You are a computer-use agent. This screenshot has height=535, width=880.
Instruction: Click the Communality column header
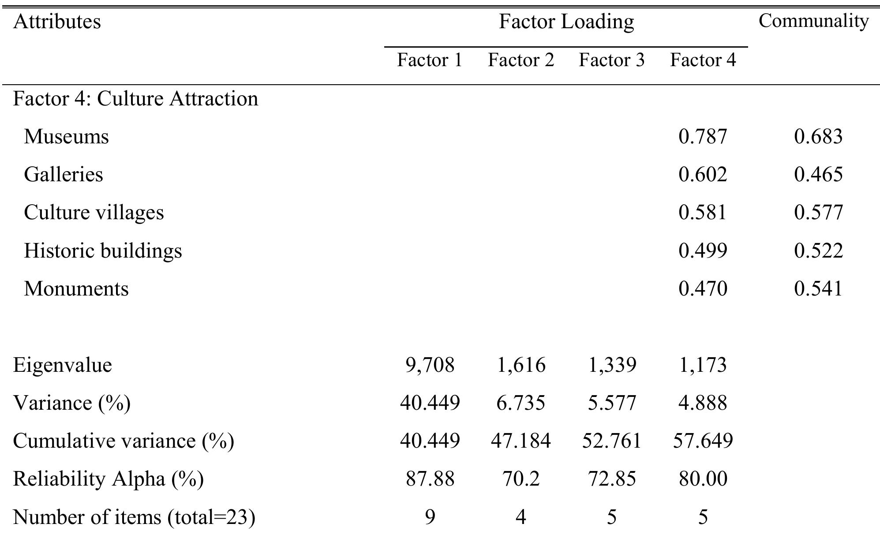tap(813, 21)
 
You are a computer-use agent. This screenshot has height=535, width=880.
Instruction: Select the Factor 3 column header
tap(611, 60)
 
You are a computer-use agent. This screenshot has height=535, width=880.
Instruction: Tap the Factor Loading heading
tap(566, 21)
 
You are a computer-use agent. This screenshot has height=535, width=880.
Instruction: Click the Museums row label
tap(66, 136)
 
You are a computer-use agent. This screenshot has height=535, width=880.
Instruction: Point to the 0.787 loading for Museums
tap(703, 136)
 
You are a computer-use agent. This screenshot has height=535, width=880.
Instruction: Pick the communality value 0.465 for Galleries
tap(818, 174)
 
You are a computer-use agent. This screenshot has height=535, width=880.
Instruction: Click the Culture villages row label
tap(94, 212)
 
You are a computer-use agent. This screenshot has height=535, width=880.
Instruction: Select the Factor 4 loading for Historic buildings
tap(703, 251)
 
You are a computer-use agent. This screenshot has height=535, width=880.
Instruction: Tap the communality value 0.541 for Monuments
tap(818, 288)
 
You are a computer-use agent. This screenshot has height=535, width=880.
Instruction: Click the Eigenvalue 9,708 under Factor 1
tap(430, 365)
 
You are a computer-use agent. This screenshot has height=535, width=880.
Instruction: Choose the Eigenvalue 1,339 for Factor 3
tap(612, 365)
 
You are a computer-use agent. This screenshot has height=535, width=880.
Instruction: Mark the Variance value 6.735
tap(521, 403)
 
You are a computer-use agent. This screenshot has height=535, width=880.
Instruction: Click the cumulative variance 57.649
tap(703, 441)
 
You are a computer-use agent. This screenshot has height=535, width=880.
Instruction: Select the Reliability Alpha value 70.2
tap(521, 479)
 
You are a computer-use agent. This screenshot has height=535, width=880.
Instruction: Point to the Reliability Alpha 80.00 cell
tap(703, 479)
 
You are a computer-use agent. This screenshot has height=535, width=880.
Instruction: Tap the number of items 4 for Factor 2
tap(521, 516)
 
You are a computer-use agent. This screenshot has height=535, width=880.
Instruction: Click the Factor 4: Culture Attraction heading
tap(135, 98)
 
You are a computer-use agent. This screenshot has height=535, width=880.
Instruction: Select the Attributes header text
tap(57, 21)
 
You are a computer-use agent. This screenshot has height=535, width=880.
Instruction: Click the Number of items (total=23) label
tap(134, 516)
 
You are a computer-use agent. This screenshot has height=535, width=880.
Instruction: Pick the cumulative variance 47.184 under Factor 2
tap(521, 441)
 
